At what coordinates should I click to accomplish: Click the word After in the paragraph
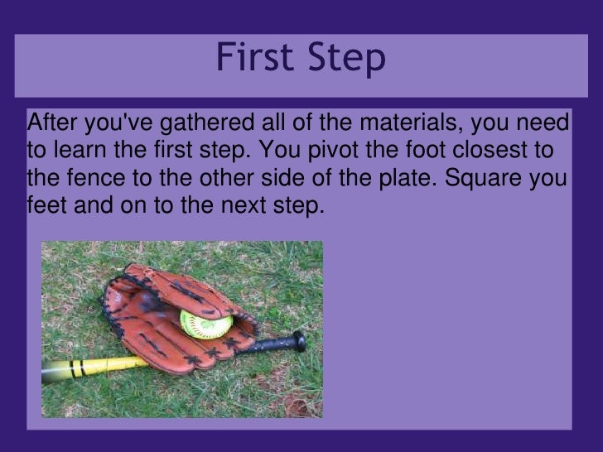[49, 124]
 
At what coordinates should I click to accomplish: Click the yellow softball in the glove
[205, 322]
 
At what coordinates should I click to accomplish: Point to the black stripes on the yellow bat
[78, 368]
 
